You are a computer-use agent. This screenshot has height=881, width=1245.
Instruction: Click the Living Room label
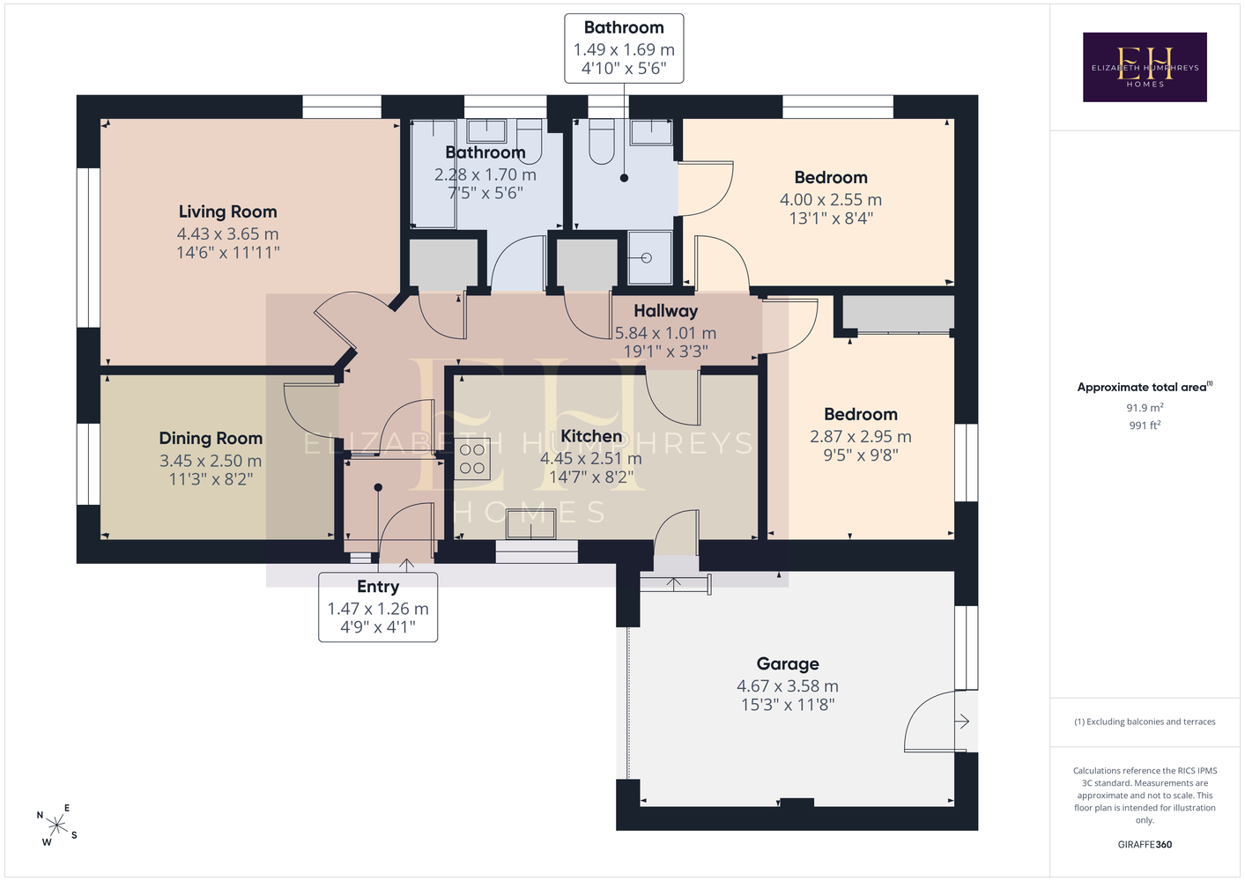228,211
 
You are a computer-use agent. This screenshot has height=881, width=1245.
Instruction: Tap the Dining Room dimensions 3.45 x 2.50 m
211,461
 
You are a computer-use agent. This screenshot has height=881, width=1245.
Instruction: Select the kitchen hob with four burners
472,459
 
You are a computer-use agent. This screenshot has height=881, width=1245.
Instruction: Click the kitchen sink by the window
530,523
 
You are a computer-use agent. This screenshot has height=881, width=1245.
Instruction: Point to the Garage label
788,663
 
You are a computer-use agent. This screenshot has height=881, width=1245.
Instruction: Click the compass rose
56,825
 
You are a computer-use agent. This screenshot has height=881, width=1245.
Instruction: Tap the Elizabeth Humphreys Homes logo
1145,67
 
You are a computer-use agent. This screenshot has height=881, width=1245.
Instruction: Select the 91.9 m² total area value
1145,407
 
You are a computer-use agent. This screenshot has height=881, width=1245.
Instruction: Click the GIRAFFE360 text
1145,844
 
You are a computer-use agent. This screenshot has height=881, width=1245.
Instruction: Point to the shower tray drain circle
646,258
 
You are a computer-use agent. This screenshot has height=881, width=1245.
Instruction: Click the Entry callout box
378,607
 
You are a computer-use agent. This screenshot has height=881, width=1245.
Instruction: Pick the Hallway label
666,311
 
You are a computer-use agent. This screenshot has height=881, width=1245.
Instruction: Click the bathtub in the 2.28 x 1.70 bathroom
434,174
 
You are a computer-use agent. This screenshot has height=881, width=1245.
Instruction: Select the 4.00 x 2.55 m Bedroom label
831,177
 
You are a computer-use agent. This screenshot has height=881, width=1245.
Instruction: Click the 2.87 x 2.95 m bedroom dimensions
860,436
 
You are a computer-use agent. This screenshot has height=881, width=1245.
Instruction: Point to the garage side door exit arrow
962,722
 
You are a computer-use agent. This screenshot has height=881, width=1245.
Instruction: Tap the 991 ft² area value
1145,426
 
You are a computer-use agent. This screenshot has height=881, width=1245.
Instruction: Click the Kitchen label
591,436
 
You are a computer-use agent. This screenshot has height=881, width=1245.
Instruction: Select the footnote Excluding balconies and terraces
1145,722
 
